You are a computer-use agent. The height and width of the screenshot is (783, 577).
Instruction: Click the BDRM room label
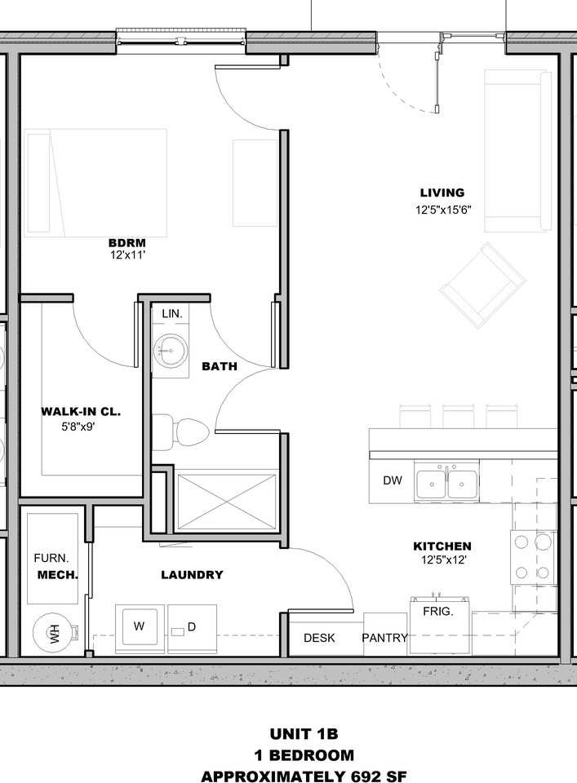pyautogui.click(x=126, y=243)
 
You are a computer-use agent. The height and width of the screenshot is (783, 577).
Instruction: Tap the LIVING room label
pyautogui.click(x=442, y=192)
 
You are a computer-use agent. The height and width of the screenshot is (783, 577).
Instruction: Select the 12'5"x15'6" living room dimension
pyautogui.click(x=443, y=210)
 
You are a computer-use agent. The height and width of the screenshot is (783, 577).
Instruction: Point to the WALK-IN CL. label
pyautogui.click(x=81, y=412)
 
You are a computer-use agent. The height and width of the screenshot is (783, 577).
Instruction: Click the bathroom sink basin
pyautogui.click(x=171, y=351)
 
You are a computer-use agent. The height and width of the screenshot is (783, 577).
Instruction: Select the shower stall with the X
pyautogui.click(x=227, y=502)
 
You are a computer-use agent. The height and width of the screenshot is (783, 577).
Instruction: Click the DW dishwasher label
pyautogui.click(x=393, y=480)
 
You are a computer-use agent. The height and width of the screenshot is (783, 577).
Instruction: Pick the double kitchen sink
pyautogui.click(x=446, y=482)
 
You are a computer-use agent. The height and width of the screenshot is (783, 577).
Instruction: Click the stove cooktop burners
pyautogui.click(x=532, y=557)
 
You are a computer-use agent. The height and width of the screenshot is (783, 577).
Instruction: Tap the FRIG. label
pyautogui.click(x=437, y=611)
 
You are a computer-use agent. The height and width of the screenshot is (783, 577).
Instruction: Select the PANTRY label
pyautogui.click(x=384, y=638)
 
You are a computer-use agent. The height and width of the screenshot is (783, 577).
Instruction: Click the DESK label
pyautogui.click(x=319, y=638)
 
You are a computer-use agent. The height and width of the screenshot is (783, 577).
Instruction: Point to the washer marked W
pyautogui.click(x=140, y=628)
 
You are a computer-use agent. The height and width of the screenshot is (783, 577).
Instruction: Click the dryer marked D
pyautogui.click(x=193, y=628)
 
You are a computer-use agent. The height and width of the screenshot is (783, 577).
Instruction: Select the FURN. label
pyautogui.click(x=51, y=558)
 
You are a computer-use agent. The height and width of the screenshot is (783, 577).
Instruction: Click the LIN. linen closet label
pyautogui.click(x=172, y=314)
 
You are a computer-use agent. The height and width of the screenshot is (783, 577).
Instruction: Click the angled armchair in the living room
pyautogui.click(x=482, y=285)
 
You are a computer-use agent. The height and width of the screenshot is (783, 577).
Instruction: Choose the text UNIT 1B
pyautogui.click(x=304, y=734)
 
